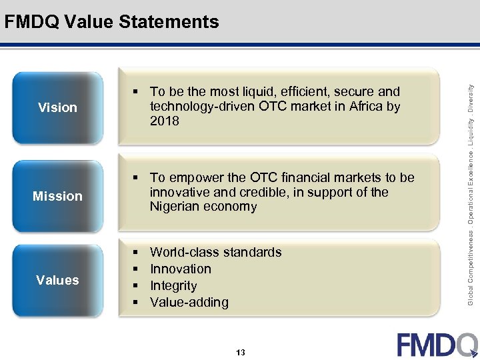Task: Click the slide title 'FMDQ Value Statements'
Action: click(x=111, y=22)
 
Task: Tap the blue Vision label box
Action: click(x=58, y=107)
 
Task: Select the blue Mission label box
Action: click(x=58, y=196)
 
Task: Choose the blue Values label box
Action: click(x=58, y=280)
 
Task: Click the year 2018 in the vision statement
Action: click(x=165, y=121)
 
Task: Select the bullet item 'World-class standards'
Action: click(x=215, y=252)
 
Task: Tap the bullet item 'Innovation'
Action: click(x=180, y=269)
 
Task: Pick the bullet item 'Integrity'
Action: click(x=173, y=285)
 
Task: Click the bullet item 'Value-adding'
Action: click(x=189, y=302)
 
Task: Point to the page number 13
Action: click(x=240, y=352)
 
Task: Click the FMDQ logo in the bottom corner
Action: click(x=437, y=344)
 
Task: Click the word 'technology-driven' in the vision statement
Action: click(x=202, y=107)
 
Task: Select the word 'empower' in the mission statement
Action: click(x=194, y=177)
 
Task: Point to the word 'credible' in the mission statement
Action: click(x=252, y=192)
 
